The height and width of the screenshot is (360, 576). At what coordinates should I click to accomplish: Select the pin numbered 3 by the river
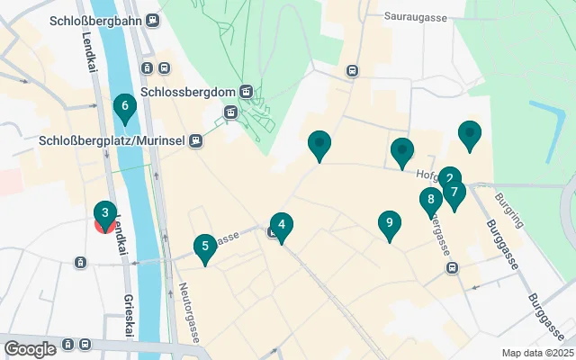pos(105,213)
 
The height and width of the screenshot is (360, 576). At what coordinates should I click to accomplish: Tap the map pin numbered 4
pos(282,225)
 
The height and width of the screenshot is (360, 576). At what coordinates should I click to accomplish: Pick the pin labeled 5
pos(205,246)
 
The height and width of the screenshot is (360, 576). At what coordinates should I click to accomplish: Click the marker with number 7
pos(454,192)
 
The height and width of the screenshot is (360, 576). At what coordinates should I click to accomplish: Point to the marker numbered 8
pos(431,200)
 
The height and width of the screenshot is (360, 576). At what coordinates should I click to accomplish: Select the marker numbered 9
pos(389,222)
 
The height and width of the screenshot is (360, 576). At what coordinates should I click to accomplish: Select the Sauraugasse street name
pos(415,16)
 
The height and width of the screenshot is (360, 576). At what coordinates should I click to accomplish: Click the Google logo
pos(30,348)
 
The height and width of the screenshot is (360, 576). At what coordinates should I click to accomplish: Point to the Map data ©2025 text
pos(536,353)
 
